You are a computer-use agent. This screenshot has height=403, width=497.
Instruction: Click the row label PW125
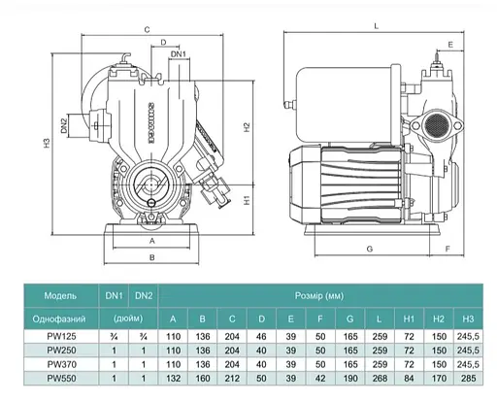coord(61,336)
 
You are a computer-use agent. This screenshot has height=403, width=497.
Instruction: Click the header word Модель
coord(61,294)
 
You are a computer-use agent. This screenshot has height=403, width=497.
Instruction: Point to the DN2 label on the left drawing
coord(60,123)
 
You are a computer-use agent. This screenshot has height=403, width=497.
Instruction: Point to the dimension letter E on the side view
coord(452,46)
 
